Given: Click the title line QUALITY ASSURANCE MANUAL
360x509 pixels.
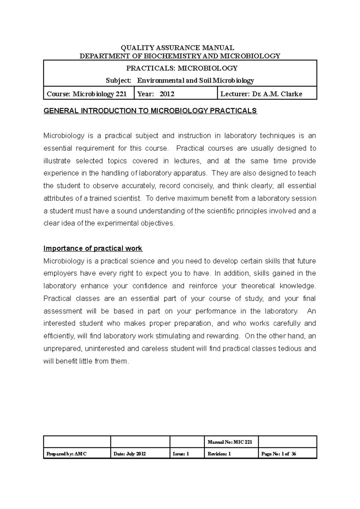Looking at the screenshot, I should pos(177,48).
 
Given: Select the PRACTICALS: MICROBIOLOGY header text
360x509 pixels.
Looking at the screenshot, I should pos(181,68).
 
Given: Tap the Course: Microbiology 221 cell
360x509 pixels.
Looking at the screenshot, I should pos(87,94).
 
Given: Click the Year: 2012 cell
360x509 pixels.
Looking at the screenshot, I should pos(156,94).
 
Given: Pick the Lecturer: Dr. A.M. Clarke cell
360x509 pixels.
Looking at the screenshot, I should pos(261,94).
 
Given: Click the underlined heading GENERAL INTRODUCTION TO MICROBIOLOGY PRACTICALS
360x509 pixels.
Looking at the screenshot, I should pos(150,111).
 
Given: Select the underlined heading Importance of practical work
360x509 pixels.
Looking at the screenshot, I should pos(93,249).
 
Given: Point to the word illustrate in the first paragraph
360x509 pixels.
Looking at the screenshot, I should pos(57,161).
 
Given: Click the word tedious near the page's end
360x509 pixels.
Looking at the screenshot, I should pos(290,349).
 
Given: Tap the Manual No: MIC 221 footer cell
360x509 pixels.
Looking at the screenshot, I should pos(230,442).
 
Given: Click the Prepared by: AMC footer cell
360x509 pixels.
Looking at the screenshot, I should pos(67,454).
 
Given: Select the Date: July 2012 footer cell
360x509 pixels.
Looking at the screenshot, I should pos(130,454).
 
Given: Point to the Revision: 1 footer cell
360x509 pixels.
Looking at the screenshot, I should pos(219,454).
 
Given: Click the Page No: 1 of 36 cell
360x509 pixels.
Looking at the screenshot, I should pos(279,454).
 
